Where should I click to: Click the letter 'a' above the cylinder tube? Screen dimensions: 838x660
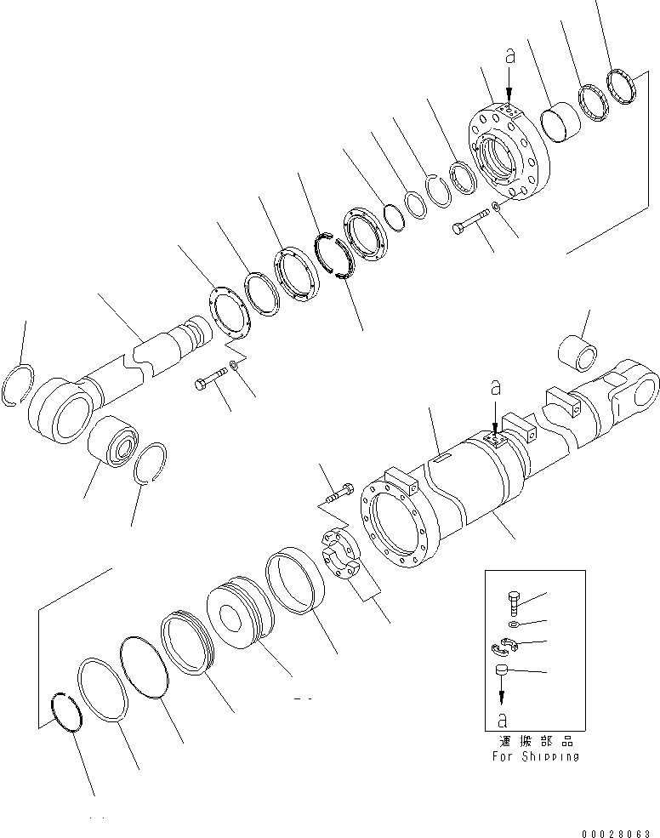tap(496, 389)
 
